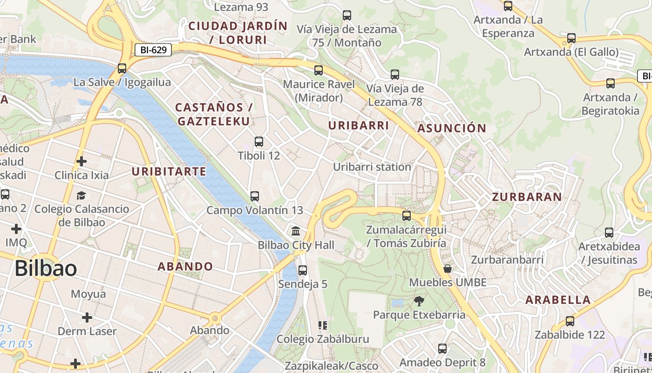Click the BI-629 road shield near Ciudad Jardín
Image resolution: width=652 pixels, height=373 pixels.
point(153,50)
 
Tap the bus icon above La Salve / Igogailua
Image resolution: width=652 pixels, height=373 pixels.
point(122,69)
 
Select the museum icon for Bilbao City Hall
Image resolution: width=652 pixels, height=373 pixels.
point(296,231)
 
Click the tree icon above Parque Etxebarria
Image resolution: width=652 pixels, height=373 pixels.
point(419,301)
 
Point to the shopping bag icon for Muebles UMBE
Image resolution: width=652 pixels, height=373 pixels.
point(448,269)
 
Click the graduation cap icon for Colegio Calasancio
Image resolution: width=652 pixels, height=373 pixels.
point(81,195)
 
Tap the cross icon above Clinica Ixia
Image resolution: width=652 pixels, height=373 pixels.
point(81,161)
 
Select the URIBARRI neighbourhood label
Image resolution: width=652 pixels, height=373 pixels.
point(358,125)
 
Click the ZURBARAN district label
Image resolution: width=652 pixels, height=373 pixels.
point(527,197)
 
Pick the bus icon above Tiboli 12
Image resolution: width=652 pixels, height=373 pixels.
point(259,142)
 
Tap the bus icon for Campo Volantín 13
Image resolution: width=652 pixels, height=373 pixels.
point(254,196)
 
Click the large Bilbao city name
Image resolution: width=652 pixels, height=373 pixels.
point(46,269)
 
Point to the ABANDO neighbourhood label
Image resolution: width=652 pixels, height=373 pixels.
point(185,267)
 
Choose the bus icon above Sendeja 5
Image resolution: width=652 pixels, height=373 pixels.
point(303,270)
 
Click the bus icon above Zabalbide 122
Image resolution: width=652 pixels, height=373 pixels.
point(570,321)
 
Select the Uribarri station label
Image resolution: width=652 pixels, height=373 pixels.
point(372,167)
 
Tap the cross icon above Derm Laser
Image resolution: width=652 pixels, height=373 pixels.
point(87,318)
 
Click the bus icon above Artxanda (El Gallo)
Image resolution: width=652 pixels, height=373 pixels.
point(571,38)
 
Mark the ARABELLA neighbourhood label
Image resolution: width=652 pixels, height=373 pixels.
point(558,300)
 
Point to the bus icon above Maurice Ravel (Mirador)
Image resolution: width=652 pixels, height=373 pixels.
point(319,70)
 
